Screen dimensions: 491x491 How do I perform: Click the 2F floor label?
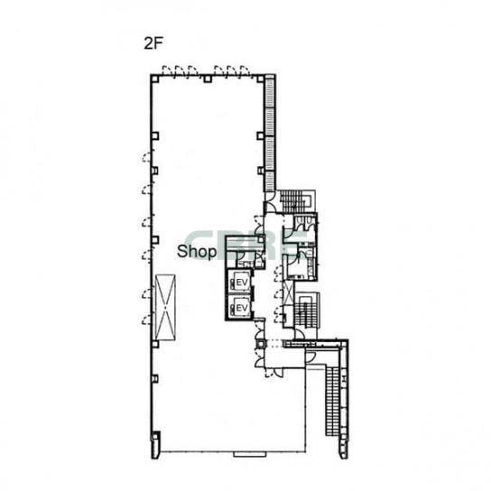coord(153,44)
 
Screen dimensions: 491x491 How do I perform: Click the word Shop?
coord(197,252)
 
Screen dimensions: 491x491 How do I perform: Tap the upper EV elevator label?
coord(242,283)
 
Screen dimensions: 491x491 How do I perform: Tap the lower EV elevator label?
coord(242,308)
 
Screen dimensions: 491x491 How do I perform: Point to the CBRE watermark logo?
coord(247,245)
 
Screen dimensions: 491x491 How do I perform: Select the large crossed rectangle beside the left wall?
coord(165,308)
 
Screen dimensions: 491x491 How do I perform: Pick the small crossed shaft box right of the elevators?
coord(289,292)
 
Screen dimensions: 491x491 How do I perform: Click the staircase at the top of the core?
coord(295,201)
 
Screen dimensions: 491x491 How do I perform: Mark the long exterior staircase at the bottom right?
coord(332,402)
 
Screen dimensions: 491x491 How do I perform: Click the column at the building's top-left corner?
coord(154,79)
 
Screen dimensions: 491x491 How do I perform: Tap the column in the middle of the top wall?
coord(208,79)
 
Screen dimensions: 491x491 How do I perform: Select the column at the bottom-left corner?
coord(155,436)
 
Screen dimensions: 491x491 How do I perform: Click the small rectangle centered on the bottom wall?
coord(250,454)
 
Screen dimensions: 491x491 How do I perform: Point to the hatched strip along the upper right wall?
coord(270,134)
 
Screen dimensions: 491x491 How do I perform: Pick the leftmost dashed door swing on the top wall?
coord(167,70)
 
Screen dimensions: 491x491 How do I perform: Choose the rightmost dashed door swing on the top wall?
coord(245,70)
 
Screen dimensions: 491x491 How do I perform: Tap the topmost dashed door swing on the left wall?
coord(147,156)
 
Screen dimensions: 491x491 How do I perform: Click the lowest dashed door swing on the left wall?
coord(147,320)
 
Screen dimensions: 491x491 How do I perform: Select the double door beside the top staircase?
coord(270,202)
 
